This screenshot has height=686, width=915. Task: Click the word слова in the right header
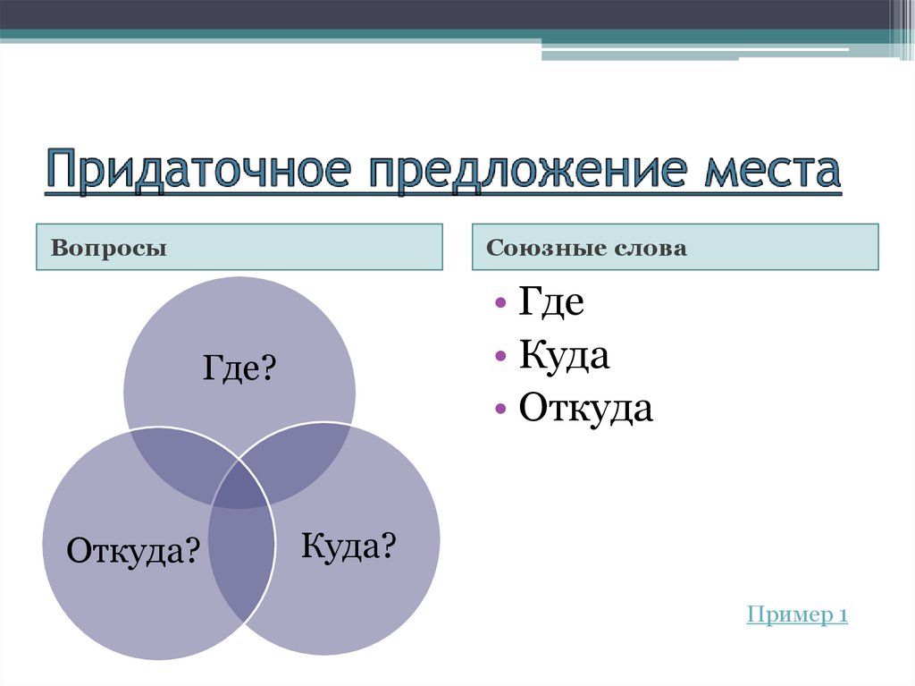coord(648,248)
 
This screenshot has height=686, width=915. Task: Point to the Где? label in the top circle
coord(238,368)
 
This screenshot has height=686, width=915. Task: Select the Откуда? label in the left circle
coord(132,549)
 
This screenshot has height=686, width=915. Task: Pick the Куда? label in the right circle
coord(348,545)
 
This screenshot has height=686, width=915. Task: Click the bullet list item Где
coord(551,303)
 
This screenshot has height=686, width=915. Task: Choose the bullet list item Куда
coord(564,356)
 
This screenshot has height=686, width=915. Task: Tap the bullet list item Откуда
coord(586,409)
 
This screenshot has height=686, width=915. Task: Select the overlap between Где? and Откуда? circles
coord(179,456)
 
